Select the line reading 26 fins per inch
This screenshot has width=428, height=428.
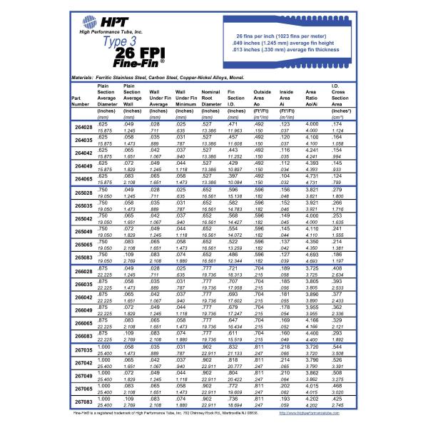point(294,34)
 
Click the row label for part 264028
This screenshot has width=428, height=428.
point(84,128)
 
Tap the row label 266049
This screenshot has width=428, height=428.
point(84,310)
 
